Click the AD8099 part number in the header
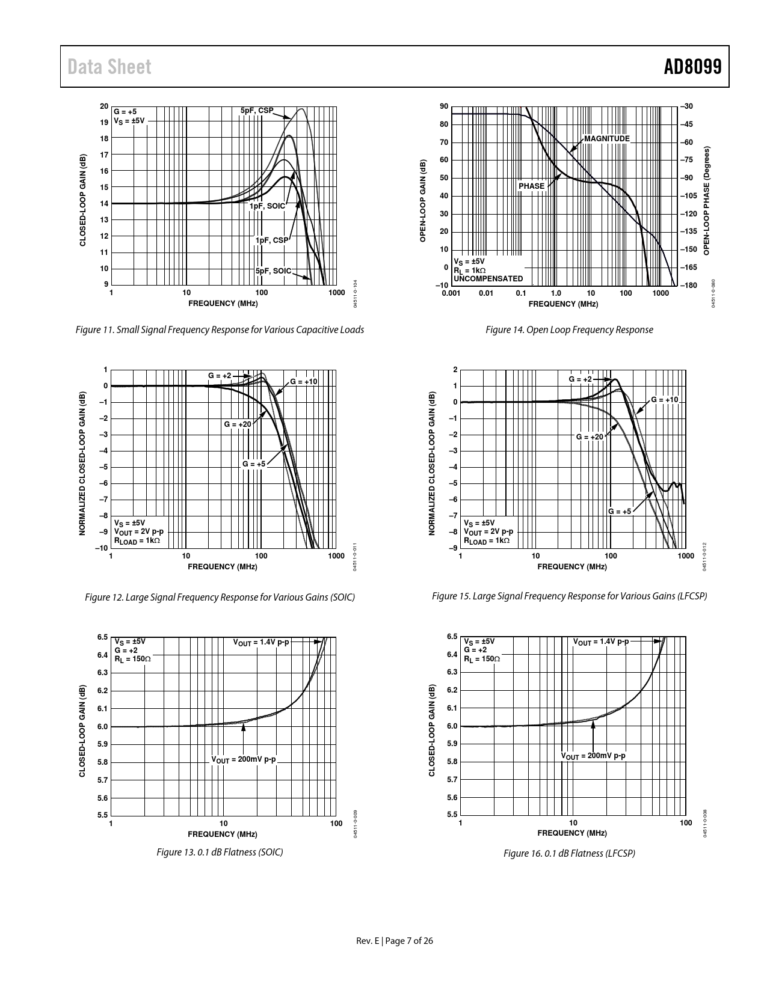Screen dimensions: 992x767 (692, 67)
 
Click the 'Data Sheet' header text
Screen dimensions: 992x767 (109, 67)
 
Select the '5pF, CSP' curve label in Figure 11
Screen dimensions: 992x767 (257, 111)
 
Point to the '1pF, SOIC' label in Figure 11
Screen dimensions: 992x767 (267, 206)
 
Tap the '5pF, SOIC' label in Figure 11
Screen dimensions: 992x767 (273, 271)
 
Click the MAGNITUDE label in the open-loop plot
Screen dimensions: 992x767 (606, 139)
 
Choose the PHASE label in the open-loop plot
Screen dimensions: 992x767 (531, 186)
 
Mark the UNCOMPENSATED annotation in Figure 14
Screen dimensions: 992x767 (488, 279)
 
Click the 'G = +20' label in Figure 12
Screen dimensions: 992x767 (238, 424)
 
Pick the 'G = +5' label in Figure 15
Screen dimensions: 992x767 (620, 512)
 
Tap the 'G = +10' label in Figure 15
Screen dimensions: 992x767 (665, 400)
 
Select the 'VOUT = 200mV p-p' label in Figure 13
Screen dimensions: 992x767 (244, 759)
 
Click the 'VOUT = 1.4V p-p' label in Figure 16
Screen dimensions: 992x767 (601, 641)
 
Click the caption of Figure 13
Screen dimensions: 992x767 (220, 852)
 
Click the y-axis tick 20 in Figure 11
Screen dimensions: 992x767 (103, 106)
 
